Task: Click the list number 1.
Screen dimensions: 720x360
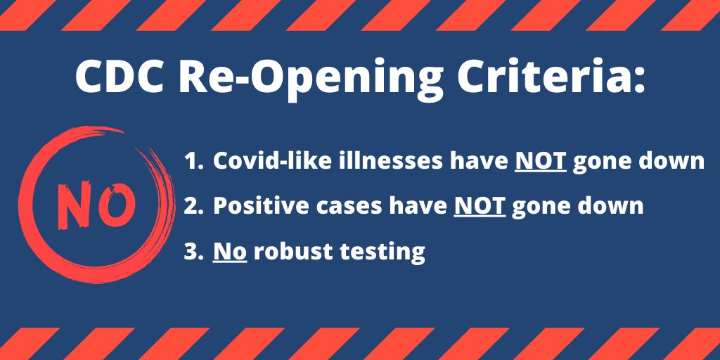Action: (x=193, y=161)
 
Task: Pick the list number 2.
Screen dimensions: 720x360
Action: (x=193, y=206)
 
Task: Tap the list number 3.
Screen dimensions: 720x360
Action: (x=193, y=251)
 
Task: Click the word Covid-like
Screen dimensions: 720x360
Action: (x=269, y=161)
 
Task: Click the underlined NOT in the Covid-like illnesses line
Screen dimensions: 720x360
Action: (x=541, y=162)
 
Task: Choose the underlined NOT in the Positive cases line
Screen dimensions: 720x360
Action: (x=480, y=207)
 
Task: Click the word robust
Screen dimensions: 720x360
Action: (x=293, y=251)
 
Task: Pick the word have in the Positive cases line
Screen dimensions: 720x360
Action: (x=418, y=206)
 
